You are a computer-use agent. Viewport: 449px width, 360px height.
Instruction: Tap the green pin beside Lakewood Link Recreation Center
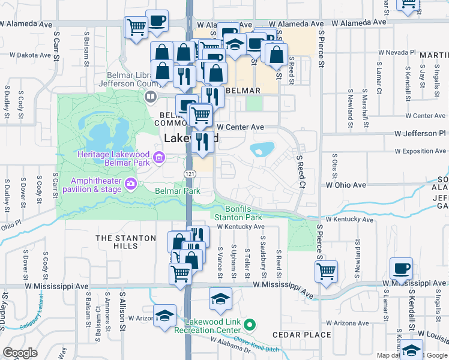point(252,326)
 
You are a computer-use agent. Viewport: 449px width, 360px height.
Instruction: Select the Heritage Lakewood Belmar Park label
point(113,158)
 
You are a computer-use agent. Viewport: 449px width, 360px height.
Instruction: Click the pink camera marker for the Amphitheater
point(130,183)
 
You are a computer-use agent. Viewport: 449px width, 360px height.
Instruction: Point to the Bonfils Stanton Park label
point(237,212)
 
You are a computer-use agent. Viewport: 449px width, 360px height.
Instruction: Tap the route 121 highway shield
point(188,173)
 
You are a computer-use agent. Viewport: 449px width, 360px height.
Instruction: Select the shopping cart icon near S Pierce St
point(326,271)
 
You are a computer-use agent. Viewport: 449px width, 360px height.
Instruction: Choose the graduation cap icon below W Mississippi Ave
point(220,298)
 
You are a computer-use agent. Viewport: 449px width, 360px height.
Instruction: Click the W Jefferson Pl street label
point(420,133)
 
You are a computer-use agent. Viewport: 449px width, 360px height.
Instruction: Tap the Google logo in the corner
point(20,353)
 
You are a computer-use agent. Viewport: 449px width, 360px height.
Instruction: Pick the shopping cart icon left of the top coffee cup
point(136,27)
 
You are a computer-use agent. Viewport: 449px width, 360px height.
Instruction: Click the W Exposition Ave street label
point(420,151)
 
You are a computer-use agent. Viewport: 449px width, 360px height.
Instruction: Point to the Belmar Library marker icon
point(151,96)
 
